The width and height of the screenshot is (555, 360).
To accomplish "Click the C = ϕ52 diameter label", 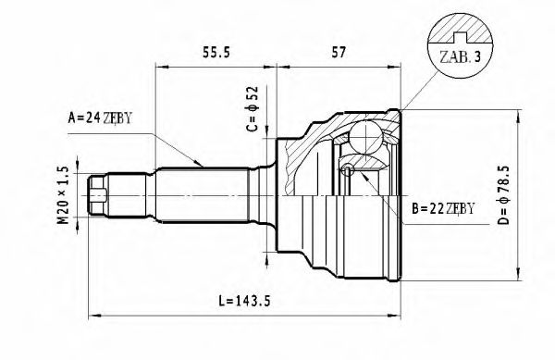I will click(x=253, y=112).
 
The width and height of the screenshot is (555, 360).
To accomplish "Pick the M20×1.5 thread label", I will click(x=64, y=194).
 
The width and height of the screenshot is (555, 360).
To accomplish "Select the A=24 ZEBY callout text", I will click(x=104, y=118).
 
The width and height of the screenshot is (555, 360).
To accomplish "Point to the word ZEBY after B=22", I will click(x=460, y=207).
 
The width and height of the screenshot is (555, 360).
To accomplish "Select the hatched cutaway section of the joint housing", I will click(x=306, y=149).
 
